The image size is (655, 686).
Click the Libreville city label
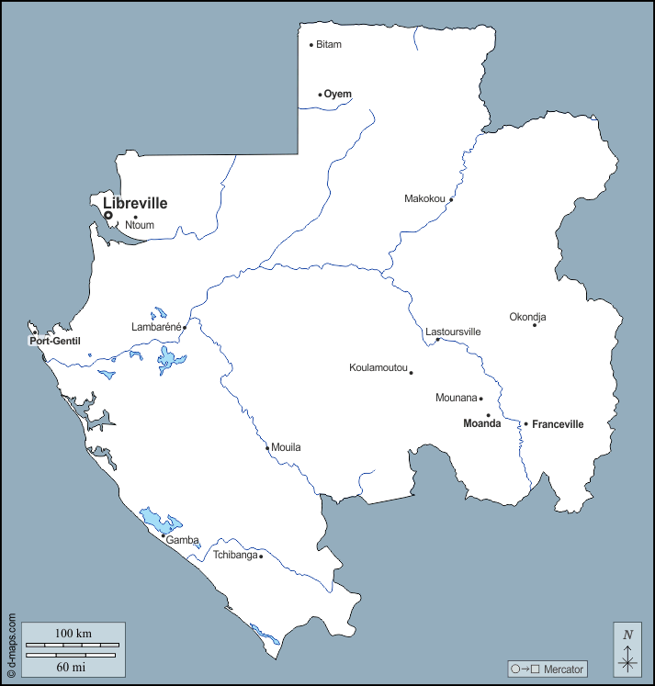pyautogui.click(x=135, y=203)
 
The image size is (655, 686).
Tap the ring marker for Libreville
pyautogui.click(x=108, y=216)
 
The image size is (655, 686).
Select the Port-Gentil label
pyautogui.click(x=55, y=342)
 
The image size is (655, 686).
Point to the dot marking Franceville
pyautogui.click(x=525, y=424)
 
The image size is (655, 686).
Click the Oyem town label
pyautogui.click(x=338, y=94)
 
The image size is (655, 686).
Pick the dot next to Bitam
pyautogui.click(x=311, y=45)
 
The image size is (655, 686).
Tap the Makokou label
pyautogui.click(x=424, y=198)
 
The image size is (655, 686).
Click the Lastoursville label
pyautogui.click(x=454, y=332)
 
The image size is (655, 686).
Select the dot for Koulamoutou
pyautogui.click(x=411, y=373)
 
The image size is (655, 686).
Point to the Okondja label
pyautogui.click(x=528, y=318)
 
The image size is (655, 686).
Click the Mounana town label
pyautogui.click(x=456, y=399)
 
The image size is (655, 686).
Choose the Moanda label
pyautogui.click(x=481, y=423)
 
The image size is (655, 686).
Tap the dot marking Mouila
pyautogui.click(x=268, y=448)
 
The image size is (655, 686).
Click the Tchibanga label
pyautogui.click(x=235, y=556)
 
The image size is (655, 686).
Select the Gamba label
pyautogui.click(x=182, y=540)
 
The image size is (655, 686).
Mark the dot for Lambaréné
pyautogui.click(x=185, y=327)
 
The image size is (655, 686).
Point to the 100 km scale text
pyautogui.click(x=73, y=635)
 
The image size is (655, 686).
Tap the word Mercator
pyautogui.click(x=564, y=669)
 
